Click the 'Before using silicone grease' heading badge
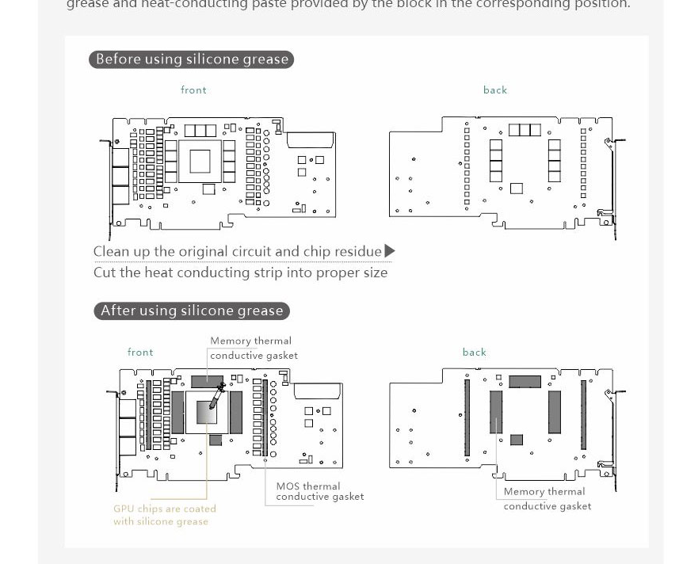point(191,59)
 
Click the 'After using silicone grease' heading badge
point(191,311)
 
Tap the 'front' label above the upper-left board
point(193,90)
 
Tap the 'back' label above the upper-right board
point(495,90)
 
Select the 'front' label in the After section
point(140,352)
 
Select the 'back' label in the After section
point(475,352)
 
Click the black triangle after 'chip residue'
point(389,252)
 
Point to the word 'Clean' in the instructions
point(111,252)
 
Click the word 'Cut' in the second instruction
point(104,272)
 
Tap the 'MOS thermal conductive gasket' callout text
point(319,492)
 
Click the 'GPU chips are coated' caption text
point(164,509)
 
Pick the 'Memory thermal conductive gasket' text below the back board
point(547,499)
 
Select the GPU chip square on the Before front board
point(200,162)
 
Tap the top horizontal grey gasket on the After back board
point(525,382)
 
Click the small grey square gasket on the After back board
point(517,440)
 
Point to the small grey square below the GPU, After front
point(215,440)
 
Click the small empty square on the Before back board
point(517,189)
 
